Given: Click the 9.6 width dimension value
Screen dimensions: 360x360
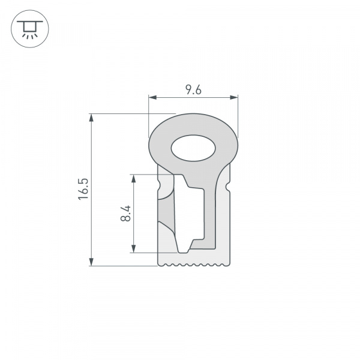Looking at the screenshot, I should point(193,91).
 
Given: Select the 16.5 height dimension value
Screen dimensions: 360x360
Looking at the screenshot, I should point(83,188).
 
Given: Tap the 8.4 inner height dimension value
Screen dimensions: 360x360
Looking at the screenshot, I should point(125,213).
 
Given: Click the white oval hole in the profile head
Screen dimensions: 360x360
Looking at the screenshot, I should point(193,148).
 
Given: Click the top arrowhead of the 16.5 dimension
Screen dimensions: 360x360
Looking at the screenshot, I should point(92,118).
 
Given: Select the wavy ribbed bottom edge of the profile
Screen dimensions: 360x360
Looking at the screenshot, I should point(193,264).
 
